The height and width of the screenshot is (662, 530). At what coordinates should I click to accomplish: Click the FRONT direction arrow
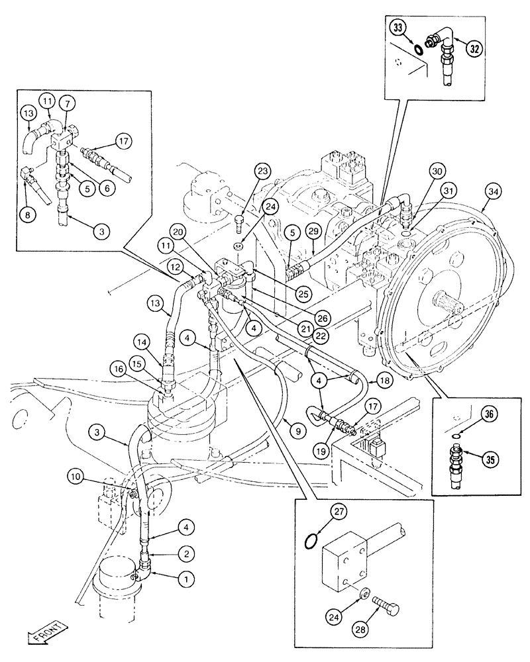click(47, 634)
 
